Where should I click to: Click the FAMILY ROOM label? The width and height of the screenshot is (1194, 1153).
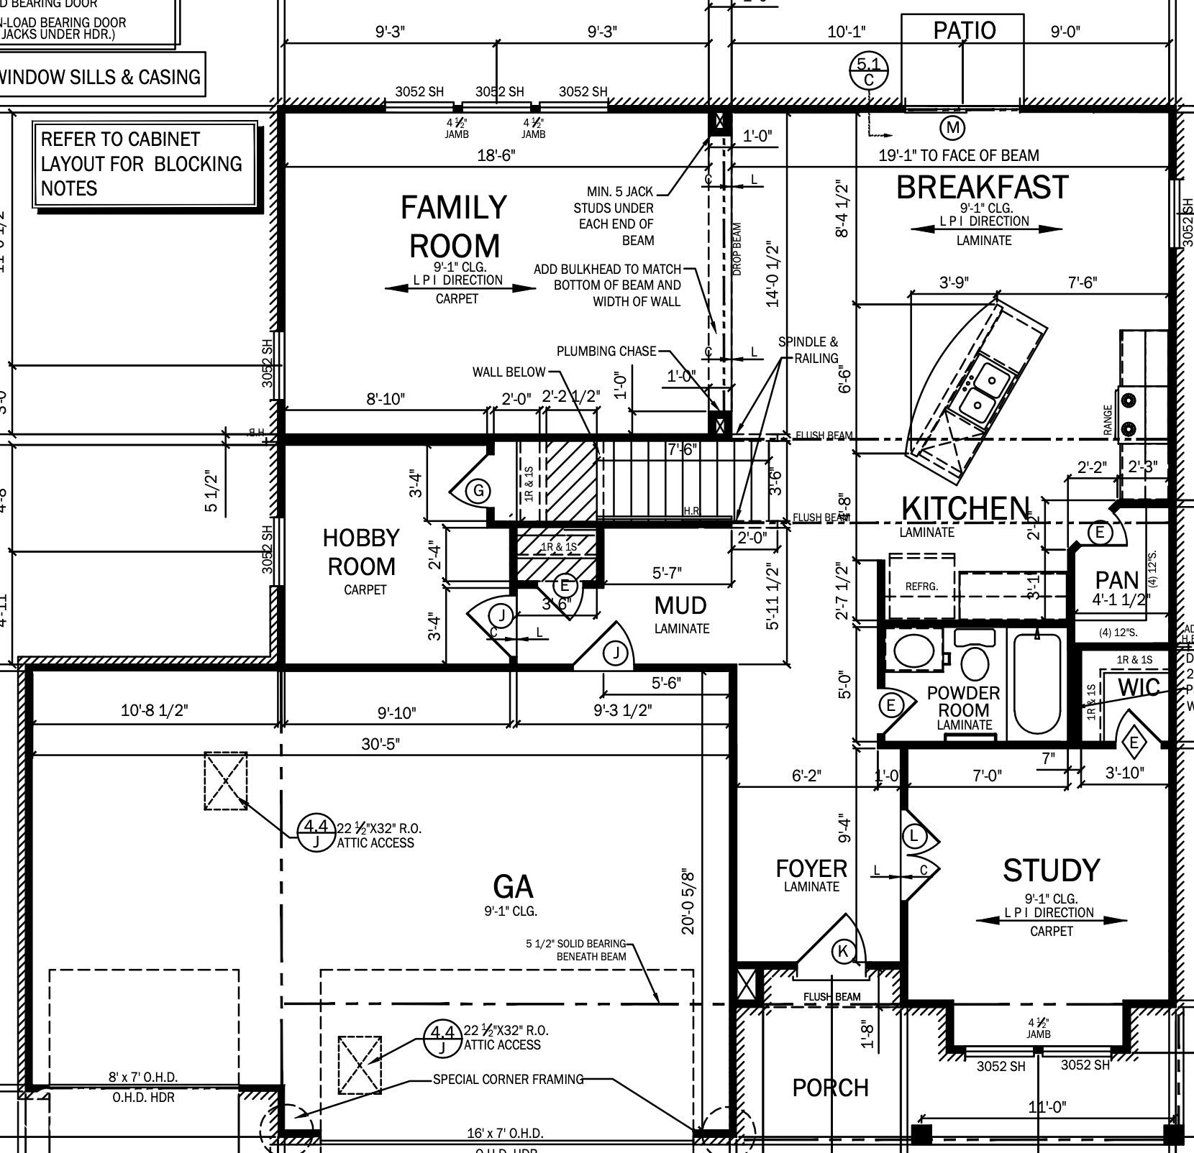[454, 226]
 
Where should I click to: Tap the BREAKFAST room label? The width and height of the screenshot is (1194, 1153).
[983, 188]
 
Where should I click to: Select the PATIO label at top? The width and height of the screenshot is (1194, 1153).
[964, 30]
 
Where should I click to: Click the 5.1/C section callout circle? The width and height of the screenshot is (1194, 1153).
[869, 71]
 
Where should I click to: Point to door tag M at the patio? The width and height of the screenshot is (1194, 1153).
[952, 128]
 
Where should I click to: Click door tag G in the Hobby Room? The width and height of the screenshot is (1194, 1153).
[478, 491]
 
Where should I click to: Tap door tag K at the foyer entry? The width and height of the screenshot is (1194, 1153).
[843, 952]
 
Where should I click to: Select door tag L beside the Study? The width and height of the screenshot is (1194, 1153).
[913, 835]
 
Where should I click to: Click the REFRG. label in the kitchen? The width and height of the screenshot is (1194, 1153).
[921, 587]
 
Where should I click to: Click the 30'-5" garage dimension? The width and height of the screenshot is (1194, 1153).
[380, 743]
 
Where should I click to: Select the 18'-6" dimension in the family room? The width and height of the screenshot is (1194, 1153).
[496, 155]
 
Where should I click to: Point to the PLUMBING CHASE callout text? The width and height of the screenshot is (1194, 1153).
[606, 351]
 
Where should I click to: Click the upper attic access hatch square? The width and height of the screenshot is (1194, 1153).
[226, 781]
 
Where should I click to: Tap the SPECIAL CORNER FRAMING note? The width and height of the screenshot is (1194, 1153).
[508, 1079]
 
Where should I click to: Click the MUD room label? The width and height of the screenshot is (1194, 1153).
[680, 605]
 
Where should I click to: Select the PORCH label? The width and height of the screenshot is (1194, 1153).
[830, 1088]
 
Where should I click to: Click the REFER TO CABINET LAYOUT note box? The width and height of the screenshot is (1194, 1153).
[145, 165]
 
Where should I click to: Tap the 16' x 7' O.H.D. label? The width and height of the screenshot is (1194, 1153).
[505, 1134]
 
